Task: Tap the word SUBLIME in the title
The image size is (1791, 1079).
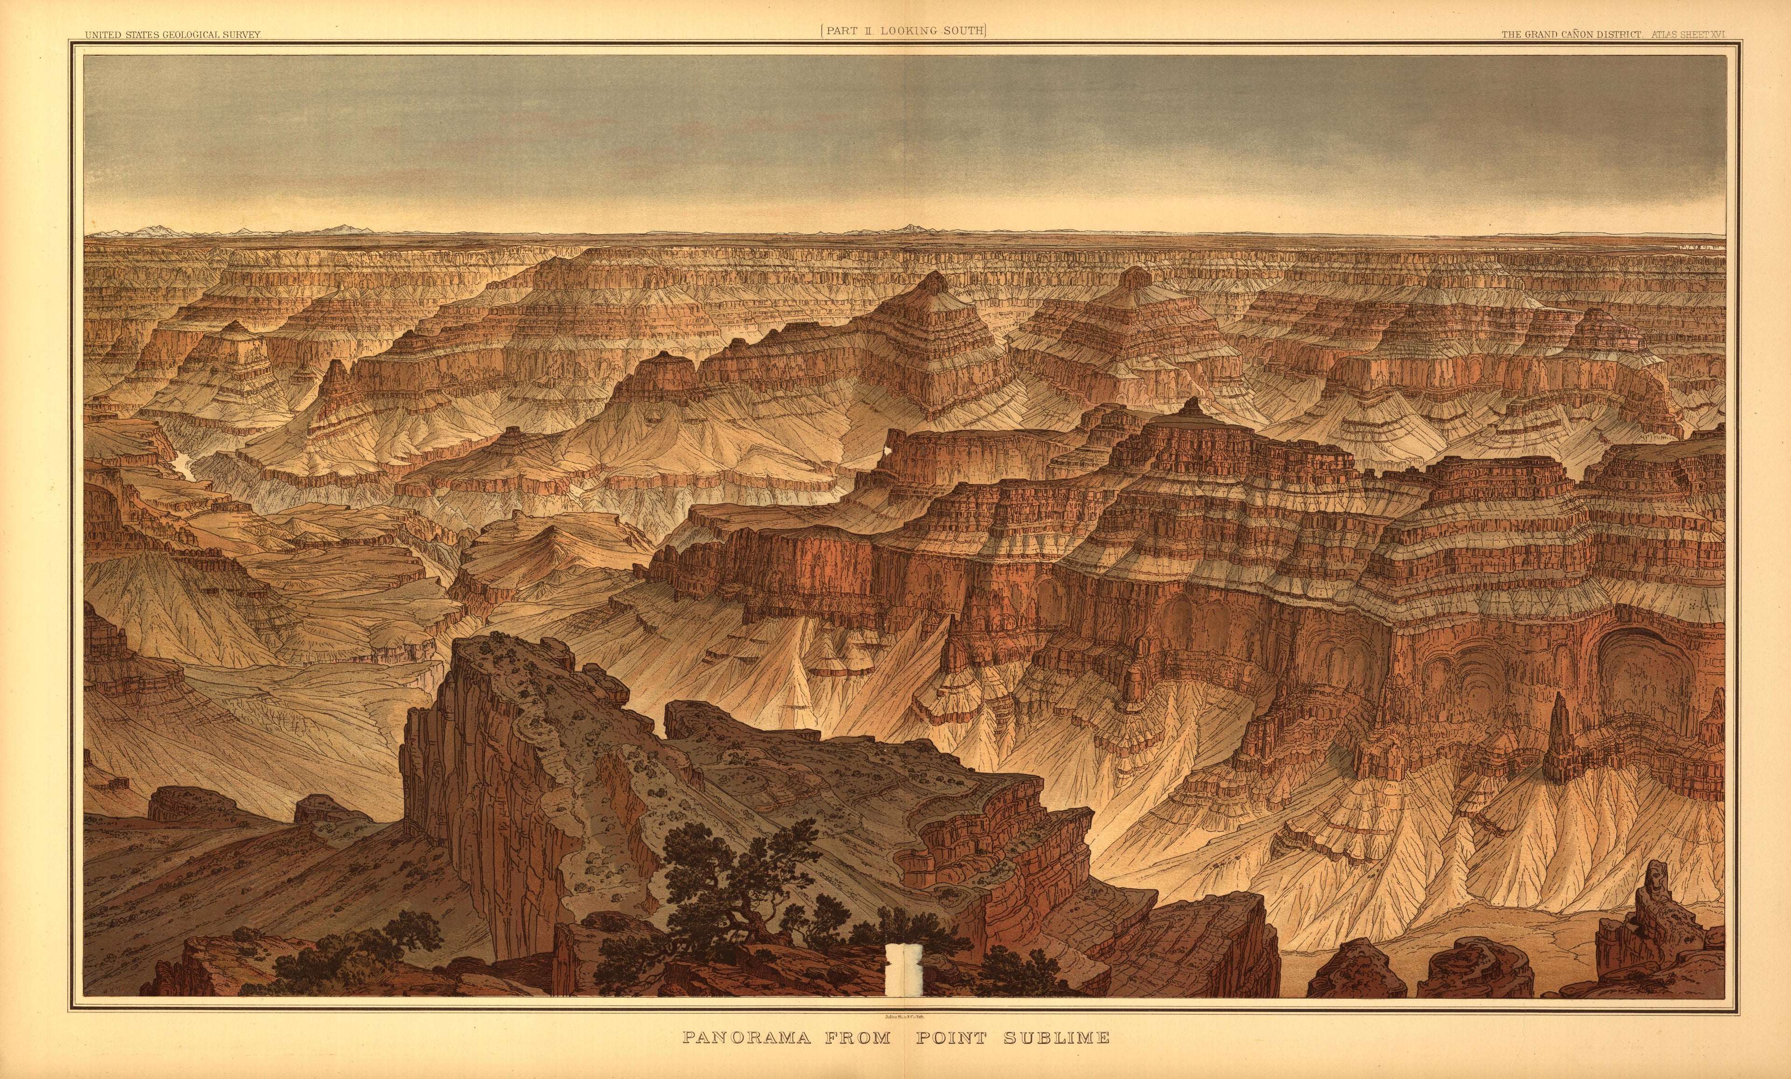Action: [1056, 1037]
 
